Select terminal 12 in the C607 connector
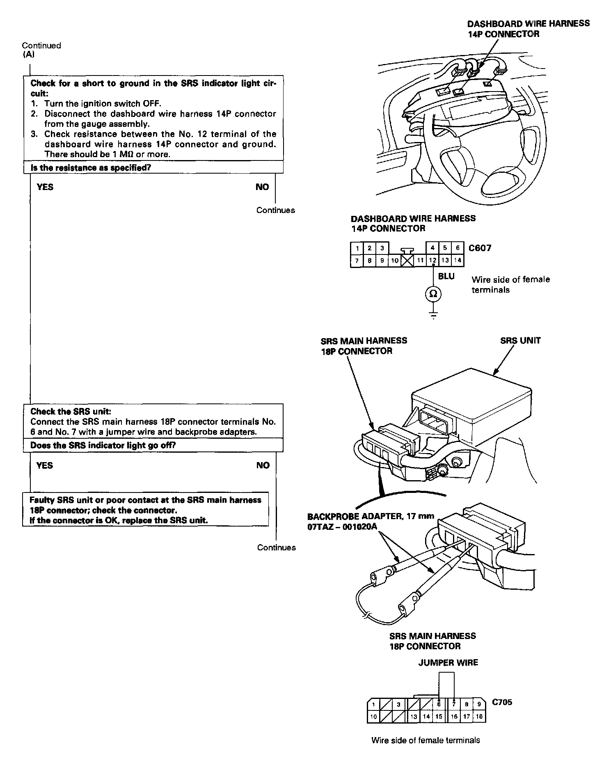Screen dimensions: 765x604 tap(432, 260)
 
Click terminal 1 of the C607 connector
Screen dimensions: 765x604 tap(357, 248)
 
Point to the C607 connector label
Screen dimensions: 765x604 tap(480, 248)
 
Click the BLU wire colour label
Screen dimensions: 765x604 tap(446, 276)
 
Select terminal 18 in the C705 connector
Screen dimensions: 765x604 tap(479, 717)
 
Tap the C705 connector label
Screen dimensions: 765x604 tap(502, 702)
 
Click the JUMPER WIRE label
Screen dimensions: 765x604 tap(448, 662)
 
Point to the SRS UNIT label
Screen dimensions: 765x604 tap(520, 340)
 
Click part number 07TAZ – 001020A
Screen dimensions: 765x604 tap(342, 527)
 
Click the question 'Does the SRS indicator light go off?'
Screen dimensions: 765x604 tap(103, 445)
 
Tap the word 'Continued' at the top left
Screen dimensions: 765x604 tap(41, 46)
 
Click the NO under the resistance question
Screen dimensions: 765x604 tap(262, 187)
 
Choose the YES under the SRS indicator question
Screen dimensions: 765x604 tap(44, 465)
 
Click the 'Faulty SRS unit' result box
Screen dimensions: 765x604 tap(146, 510)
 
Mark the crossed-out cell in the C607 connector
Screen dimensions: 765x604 tap(407, 260)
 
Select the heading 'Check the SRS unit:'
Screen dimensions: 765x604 tap(71, 411)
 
